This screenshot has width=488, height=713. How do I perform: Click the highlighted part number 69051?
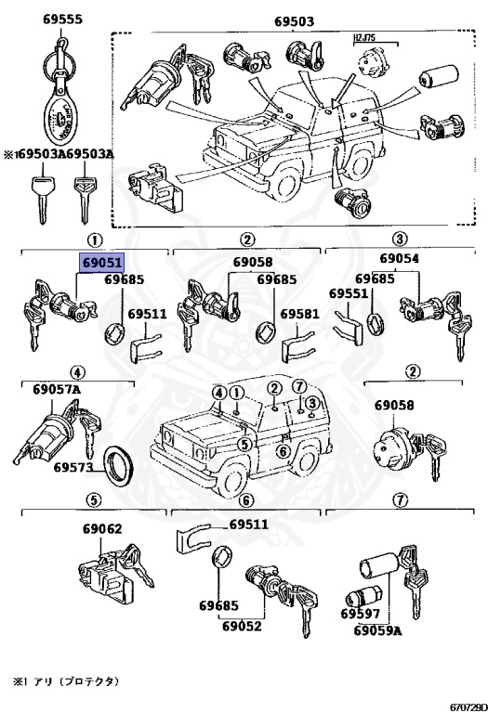pos(100,263)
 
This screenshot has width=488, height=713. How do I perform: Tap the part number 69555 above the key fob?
pos(63,19)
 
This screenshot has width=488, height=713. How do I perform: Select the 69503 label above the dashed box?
pos(294,21)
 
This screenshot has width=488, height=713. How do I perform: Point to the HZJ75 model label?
pos(364,38)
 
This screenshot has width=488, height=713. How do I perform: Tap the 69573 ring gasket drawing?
pos(119,465)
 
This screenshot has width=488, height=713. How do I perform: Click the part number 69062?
pos(102,529)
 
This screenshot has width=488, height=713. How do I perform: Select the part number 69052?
pos(243,626)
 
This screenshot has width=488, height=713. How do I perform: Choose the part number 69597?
pos(360,614)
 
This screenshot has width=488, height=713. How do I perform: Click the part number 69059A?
pos(377,630)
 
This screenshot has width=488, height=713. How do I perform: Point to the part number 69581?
pos(300,314)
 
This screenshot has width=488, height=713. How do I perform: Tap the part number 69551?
pos(349,293)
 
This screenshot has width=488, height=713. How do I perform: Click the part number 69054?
pos(400,258)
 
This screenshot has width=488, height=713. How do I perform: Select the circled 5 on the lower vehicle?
pos(244,445)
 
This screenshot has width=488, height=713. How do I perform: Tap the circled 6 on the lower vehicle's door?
pos(284,451)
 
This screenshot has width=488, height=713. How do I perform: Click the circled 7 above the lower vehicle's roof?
pos(299,387)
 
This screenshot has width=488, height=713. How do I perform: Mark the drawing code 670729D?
pos(468,707)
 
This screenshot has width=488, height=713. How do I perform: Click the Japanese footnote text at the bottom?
pos(66,681)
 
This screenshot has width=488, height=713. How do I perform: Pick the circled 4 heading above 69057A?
pos(77,373)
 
